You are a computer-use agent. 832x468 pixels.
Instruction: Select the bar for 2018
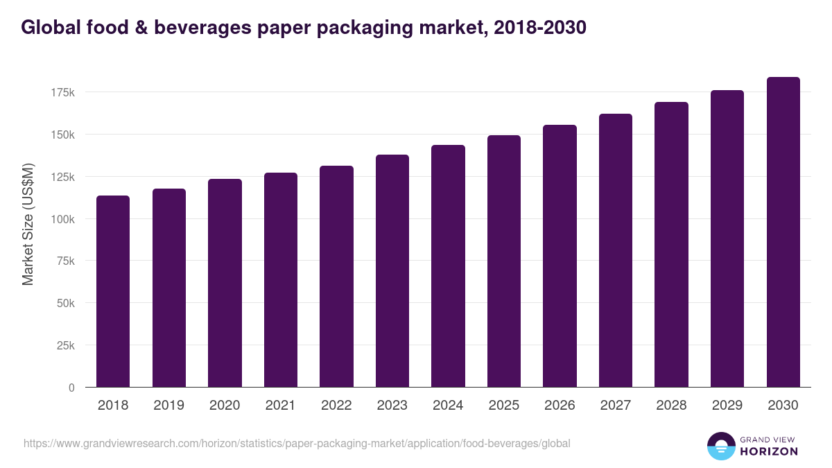[x=113, y=291]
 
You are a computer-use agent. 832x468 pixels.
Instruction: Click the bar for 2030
[x=783, y=232]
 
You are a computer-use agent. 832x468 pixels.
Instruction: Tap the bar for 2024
[x=448, y=266]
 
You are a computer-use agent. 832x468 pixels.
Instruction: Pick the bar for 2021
[x=281, y=280]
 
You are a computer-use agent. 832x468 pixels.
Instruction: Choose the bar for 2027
[x=616, y=250]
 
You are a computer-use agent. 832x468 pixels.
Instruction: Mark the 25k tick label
[x=65, y=345]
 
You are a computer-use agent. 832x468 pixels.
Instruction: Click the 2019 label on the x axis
[x=168, y=406]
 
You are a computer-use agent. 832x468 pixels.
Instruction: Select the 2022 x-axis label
[x=336, y=406]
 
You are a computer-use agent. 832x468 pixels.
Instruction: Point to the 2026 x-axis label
[x=560, y=406]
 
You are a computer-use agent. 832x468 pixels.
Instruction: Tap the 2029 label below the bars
[x=727, y=406]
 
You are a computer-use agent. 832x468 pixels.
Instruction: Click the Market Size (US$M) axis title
[x=28, y=225]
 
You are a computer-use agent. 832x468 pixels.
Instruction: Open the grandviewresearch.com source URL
[x=297, y=443]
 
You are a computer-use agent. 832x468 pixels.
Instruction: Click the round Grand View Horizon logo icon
[x=720, y=446]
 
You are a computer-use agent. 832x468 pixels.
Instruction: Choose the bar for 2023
[x=392, y=271]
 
